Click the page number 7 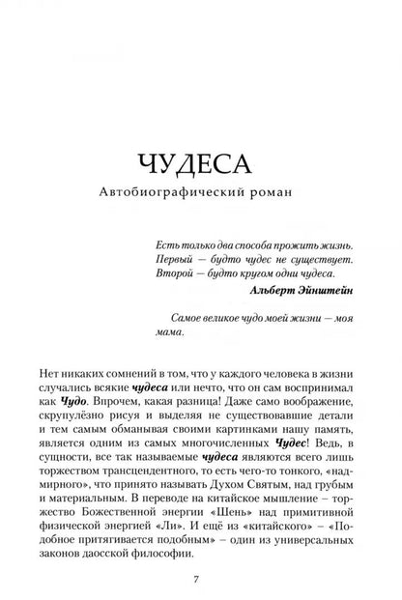tap(200, 588)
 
